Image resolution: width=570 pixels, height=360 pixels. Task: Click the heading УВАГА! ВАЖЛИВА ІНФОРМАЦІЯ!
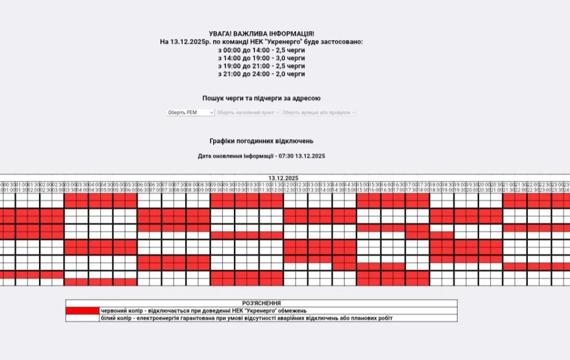pyautogui.click(x=261, y=34)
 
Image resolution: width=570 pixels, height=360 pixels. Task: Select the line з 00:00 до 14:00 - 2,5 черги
pyautogui.click(x=261, y=50)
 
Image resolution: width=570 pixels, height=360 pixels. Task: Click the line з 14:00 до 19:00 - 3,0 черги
pyautogui.click(x=261, y=58)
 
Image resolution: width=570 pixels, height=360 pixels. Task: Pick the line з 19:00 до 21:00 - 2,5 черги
pyautogui.click(x=261, y=66)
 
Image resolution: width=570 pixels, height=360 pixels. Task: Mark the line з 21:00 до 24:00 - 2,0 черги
pyautogui.click(x=261, y=74)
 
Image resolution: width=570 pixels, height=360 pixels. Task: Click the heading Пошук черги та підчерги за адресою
pyautogui.click(x=261, y=98)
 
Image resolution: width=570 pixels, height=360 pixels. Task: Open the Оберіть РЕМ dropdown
pyautogui.click(x=190, y=112)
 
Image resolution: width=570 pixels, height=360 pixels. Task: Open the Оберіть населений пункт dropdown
pyautogui.click(x=248, y=112)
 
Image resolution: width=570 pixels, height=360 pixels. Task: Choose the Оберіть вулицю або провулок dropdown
pyautogui.click(x=318, y=112)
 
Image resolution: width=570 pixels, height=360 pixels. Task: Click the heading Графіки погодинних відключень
pyautogui.click(x=261, y=141)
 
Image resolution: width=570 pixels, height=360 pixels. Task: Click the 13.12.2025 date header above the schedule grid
pyautogui.click(x=283, y=178)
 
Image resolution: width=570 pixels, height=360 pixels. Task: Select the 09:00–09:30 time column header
pyautogui.click(x=217, y=187)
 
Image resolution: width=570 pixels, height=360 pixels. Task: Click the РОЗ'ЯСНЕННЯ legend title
pyautogui.click(x=261, y=303)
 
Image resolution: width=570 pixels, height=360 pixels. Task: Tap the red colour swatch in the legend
pyautogui.click(x=82, y=310)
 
